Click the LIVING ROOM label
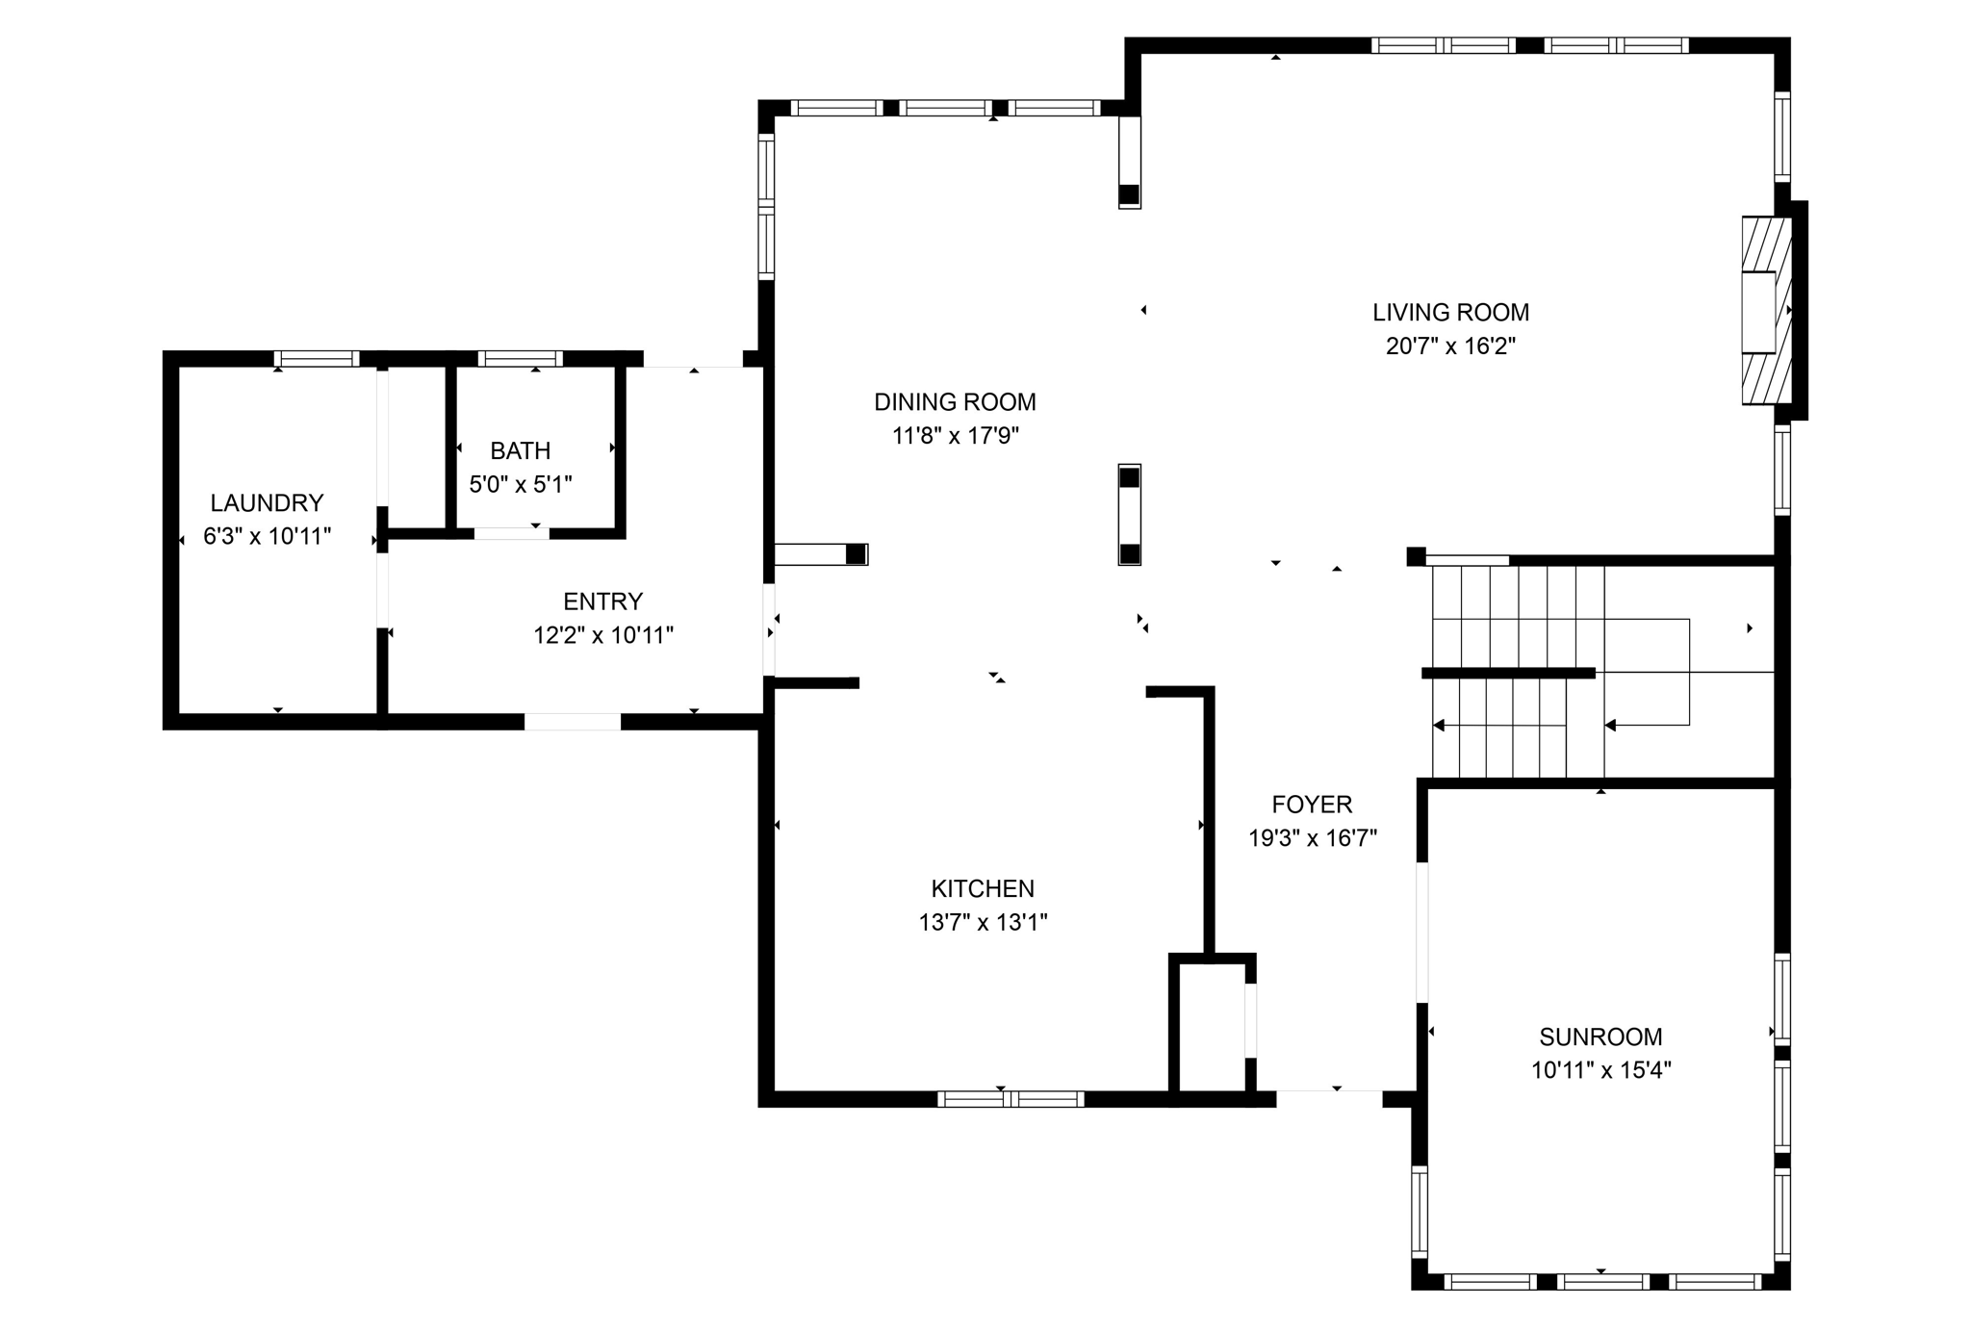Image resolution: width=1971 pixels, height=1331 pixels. pos(1450,312)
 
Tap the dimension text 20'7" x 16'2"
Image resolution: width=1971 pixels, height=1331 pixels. pos(1450,346)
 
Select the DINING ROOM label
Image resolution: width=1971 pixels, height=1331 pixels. pos(955,401)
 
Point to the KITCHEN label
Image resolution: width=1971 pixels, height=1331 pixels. pos(983,888)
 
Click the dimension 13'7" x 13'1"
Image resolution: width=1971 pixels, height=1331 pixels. pos(983,922)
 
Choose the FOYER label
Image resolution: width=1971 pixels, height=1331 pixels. pos(1312,804)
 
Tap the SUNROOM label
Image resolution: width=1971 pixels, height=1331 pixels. pos(1600,1037)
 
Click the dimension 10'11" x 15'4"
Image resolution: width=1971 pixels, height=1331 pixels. pos(1600,1070)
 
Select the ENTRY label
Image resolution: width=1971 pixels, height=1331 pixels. pos(602,602)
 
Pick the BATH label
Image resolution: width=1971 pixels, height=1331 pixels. pos(520,450)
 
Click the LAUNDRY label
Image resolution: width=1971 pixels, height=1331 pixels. pos(267,502)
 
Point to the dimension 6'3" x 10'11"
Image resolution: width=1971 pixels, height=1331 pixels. pos(267,536)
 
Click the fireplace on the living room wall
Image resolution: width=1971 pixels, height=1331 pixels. pos(1766,310)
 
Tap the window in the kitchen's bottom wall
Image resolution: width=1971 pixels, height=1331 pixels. pos(1011,1099)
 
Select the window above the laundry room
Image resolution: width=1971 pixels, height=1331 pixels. pos(317,358)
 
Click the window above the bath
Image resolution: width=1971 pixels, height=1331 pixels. pos(520,358)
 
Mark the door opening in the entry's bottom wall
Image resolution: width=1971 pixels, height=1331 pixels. pos(572,722)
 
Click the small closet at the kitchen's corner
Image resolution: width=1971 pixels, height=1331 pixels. pos(1212,1027)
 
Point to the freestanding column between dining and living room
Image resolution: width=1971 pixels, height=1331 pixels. pos(1129,515)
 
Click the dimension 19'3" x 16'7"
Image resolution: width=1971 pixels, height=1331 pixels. pos(1312,838)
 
